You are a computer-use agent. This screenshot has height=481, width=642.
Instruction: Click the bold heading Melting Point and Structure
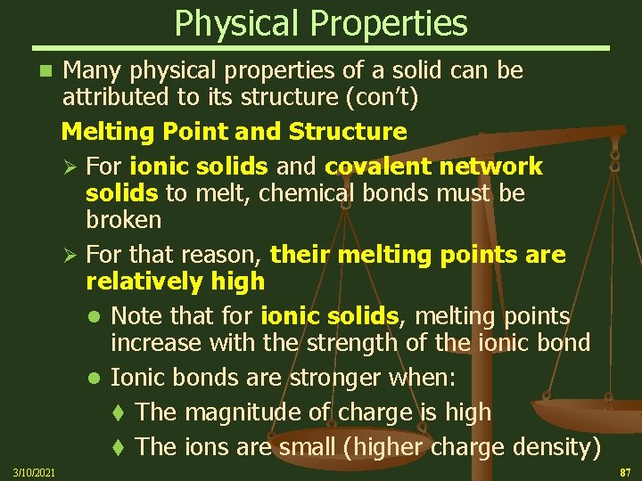[x=234, y=132]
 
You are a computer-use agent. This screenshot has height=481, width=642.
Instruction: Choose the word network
[x=493, y=167]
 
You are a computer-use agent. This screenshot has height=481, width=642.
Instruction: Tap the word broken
[x=124, y=219]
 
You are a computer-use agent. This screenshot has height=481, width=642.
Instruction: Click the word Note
[x=140, y=316]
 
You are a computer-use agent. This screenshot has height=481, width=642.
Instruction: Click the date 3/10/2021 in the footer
[x=33, y=471]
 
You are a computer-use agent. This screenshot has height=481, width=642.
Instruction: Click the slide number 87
[x=623, y=470]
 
